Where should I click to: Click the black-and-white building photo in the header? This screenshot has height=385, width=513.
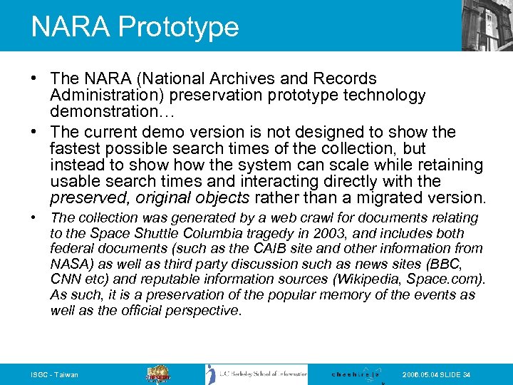tap(487, 25)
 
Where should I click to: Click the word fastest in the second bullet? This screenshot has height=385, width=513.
tap(74, 148)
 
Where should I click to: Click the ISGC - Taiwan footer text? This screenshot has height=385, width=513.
tap(54, 375)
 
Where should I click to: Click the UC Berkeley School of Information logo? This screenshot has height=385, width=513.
tap(256, 374)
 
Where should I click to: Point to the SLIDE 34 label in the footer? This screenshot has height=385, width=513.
tap(455, 375)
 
